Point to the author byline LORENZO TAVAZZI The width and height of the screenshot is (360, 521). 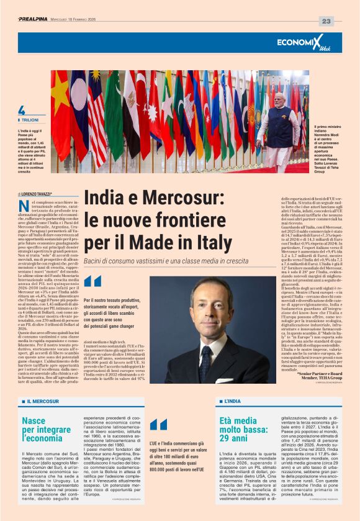(37, 194)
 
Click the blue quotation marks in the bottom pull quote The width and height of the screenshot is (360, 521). (158, 424)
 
